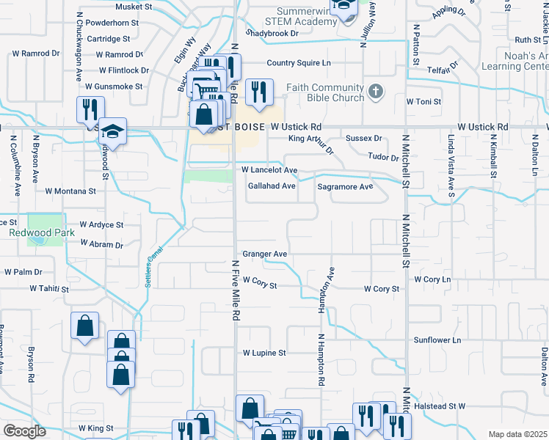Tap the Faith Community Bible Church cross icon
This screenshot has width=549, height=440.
point(375,92)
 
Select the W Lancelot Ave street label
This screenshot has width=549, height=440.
point(270,170)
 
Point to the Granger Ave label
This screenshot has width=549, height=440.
point(265,254)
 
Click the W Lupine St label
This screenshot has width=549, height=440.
point(264,353)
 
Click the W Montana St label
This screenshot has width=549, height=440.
point(70,191)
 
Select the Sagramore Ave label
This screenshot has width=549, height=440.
point(345,186)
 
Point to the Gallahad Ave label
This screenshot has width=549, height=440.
point(272,186)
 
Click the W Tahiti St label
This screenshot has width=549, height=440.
point(48,290)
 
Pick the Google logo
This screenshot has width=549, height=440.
point(25,431)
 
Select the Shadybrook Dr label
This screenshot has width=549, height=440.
point(272,34)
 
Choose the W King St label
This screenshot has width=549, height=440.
point(95,428)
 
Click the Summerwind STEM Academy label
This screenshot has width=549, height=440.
point(305,17)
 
